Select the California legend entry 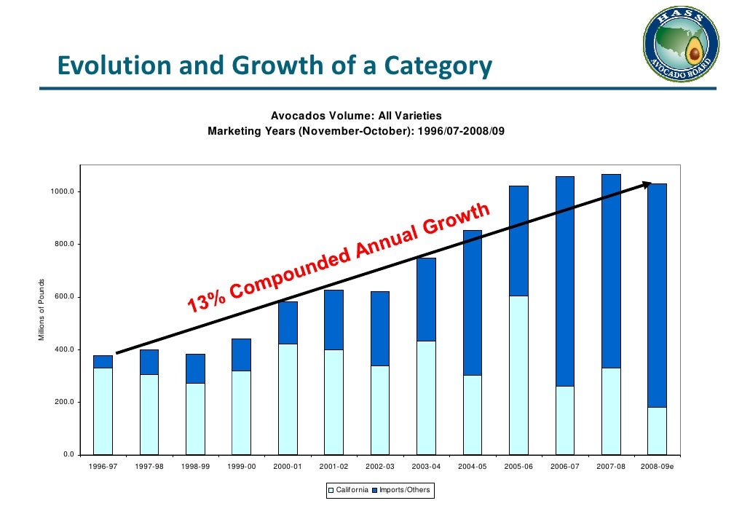pyautogui.click(x=348, y=490)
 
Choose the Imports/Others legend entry pyautogui.click(x=400, y=490)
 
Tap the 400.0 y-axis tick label pyautogui.click(x=63, y=349)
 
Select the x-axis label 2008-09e pyautogui.click(x=657, y=467)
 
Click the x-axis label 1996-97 pyautogui.click(x=103, y=467)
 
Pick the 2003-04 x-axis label pyautogui.click(x=426, y=467)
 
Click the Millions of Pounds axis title pyautogui.click(x=42, y=310)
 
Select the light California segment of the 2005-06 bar pyautogui.click(x=518, y=375)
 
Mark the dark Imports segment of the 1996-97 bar pyautogui.click(x=103, y=361)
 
